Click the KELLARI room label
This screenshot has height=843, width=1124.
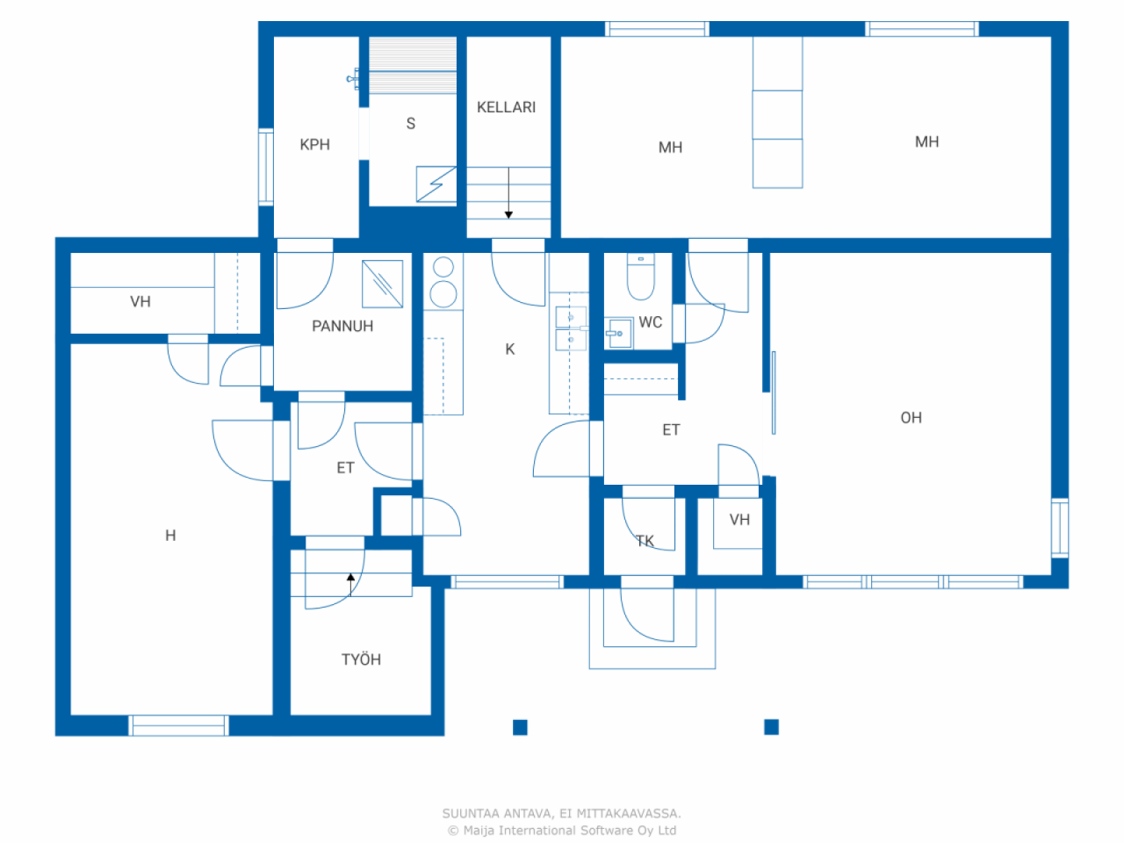(x=506, y=107)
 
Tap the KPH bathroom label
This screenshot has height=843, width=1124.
(x=314, y=144)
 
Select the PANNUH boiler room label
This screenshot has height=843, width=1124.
(x=342, y=326)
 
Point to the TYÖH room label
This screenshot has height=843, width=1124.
(x=361, y=659)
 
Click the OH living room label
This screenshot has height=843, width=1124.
(x=911, y=417)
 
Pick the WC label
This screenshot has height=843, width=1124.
(x=651, y=321)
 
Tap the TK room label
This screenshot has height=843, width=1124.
(x=645, y=541)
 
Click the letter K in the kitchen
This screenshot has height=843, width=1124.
(x=509, y=349)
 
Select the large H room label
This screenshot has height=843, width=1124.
(x=170, y=535)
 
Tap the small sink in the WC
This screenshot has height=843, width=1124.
(x=617, y=333)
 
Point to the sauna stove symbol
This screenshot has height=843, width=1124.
(x=436, y=184)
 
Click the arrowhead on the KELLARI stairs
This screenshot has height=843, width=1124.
(x=508, y=215)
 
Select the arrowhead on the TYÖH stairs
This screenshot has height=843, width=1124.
(x=350, y=577)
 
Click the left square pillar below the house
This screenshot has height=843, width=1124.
(x=520, y=727)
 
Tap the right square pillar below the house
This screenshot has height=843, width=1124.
(x=771, y=726)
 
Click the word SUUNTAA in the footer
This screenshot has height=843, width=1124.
(x=470, y=813)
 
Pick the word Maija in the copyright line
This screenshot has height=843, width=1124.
(x=479, y=830)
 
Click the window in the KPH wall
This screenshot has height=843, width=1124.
(x=265, y=167)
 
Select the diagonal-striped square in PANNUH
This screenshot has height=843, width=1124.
(x=382, y=284)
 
